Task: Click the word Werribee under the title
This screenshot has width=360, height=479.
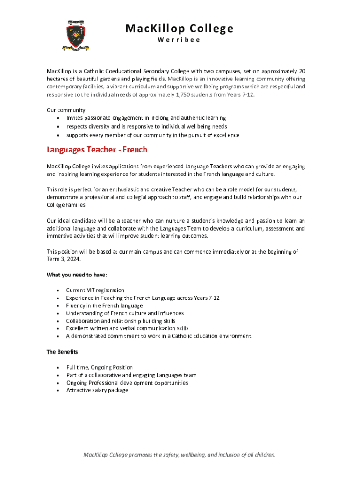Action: pos(179,40)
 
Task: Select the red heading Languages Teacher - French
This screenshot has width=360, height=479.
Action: pos(97,150)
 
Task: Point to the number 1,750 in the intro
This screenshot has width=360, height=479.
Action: pos(194,94)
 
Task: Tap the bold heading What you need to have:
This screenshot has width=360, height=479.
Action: pos(77,275)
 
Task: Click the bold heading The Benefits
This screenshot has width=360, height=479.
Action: pos(62,352)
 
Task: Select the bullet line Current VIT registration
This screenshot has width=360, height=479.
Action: pos(95,290)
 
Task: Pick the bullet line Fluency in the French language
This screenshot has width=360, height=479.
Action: pos(104,305)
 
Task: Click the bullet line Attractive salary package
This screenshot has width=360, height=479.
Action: pos(97,390)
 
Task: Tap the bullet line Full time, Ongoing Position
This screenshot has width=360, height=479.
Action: pos(100,367)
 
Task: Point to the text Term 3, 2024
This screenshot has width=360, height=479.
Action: pos(63,259)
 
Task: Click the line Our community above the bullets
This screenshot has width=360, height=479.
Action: pos(66,110)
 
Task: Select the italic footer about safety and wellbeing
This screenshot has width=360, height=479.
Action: pos(179,454)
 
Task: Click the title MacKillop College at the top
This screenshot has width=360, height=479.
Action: pos(179,29)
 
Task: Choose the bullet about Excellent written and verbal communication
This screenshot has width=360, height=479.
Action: pos(127,328)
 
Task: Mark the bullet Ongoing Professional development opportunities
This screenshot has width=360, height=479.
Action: pos(127,383)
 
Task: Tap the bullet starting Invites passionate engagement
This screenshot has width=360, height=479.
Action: pos(146,118)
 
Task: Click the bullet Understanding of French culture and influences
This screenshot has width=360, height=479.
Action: pos(125,313)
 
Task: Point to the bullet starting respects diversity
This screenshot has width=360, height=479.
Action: pos(146,126)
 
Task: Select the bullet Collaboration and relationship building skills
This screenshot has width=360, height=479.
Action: pos(121,321)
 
